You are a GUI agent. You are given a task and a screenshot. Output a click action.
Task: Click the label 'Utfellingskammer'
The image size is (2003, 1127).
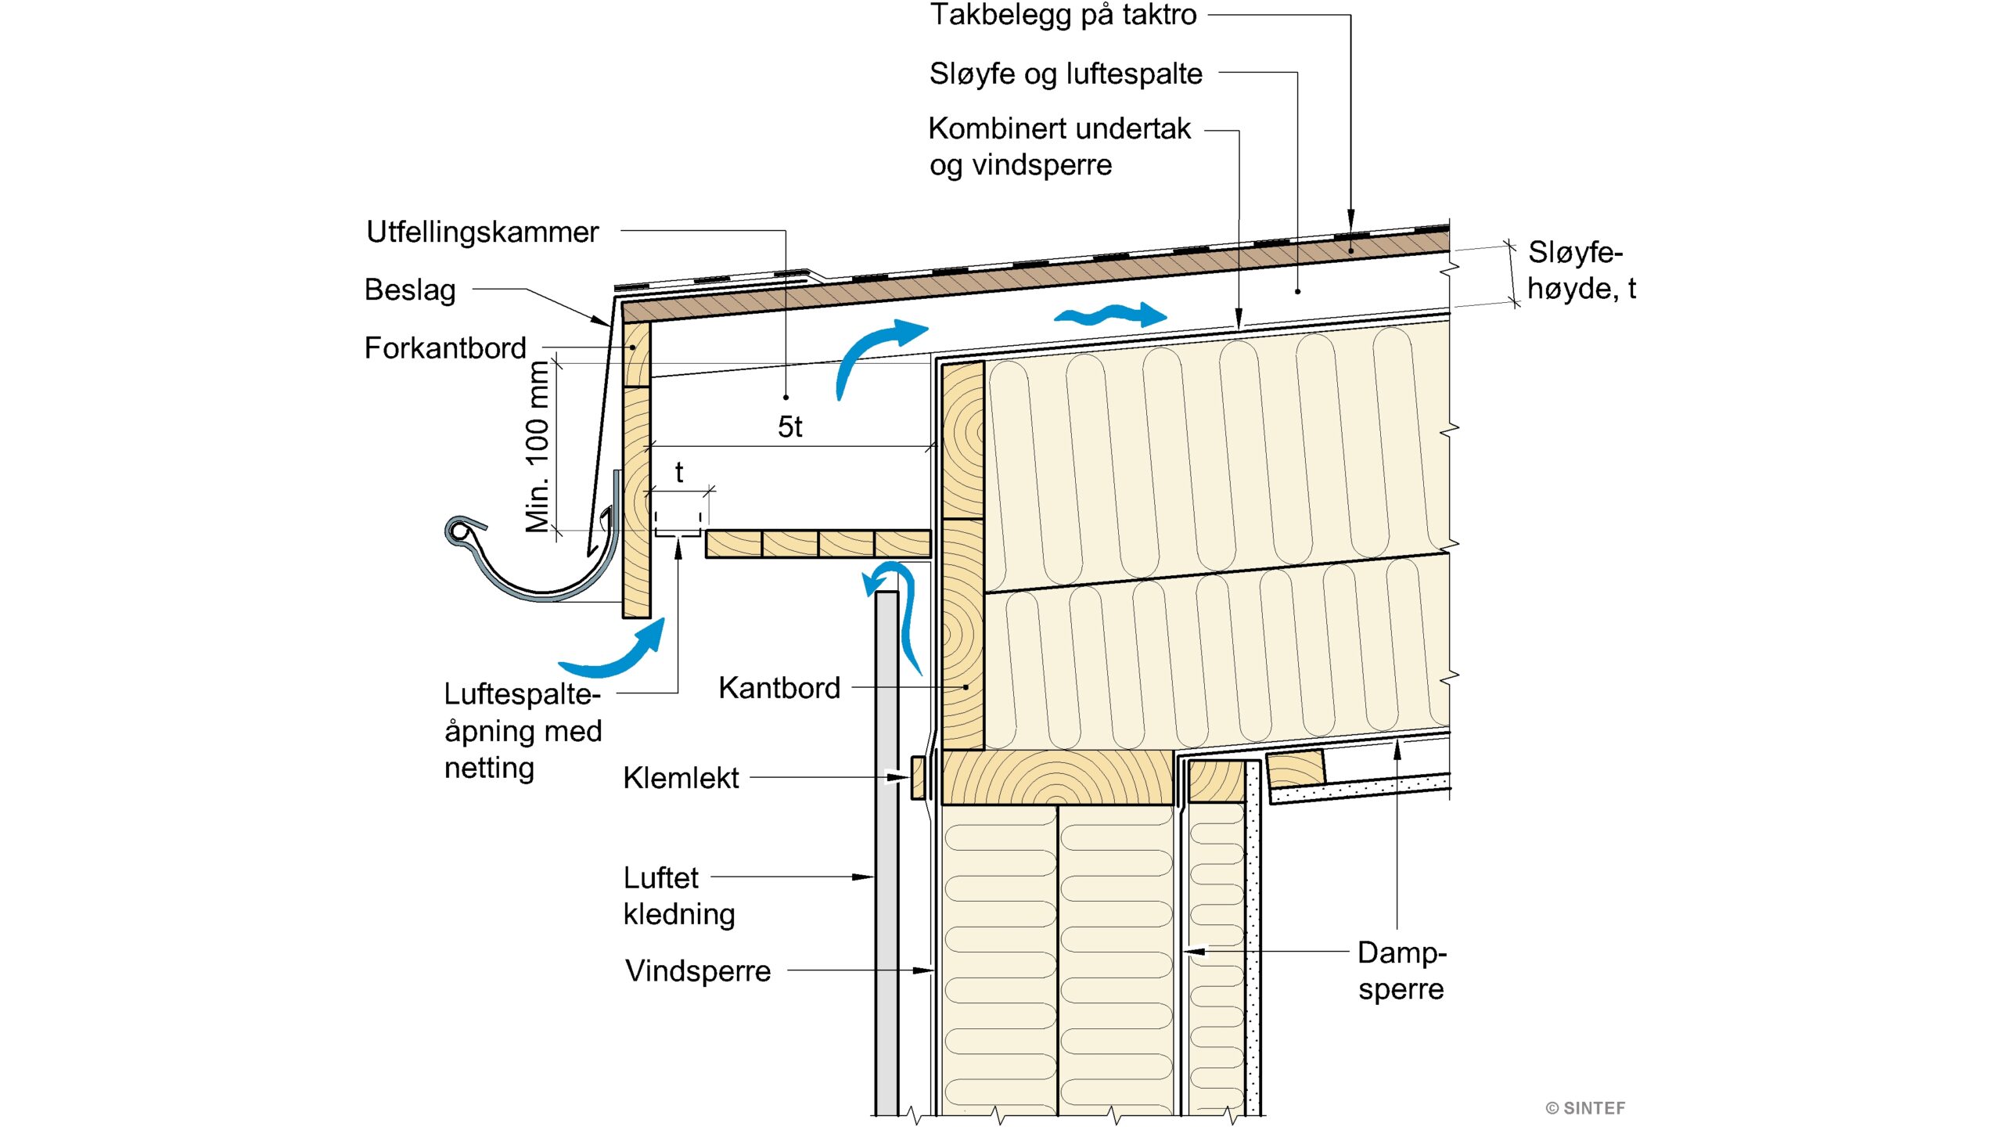click(482, 232)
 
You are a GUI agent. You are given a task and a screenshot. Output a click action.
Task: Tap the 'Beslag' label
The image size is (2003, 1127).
click(410, 290)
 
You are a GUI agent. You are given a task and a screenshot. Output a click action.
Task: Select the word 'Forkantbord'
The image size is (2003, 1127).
click(445, 348)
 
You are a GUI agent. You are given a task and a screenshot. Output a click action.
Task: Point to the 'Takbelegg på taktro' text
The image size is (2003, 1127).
click(1063, 14)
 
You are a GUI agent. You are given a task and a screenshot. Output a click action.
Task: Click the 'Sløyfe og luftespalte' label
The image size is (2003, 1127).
click(1066, 74)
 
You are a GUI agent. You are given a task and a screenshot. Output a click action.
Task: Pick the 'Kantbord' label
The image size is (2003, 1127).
click(779, 688)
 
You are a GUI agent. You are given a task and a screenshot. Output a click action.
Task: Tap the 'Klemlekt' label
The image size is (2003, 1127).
click(681, 778)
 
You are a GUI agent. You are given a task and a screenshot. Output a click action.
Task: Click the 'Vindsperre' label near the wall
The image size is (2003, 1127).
click(698, 971)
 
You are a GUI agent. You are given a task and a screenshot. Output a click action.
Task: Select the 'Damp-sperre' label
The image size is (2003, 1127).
click(1401, 970)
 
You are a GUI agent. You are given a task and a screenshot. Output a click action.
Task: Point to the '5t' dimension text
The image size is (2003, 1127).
click(789, 427)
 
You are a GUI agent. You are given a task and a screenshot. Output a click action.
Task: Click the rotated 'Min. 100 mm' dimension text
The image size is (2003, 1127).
click(538, 447)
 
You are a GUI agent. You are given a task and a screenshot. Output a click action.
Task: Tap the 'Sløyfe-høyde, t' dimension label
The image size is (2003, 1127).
click(1580, 270)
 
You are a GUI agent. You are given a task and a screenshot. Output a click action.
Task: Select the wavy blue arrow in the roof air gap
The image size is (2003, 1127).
click(1110, 315)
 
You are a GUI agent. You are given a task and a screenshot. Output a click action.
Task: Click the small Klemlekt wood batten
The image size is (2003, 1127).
click(919, 777)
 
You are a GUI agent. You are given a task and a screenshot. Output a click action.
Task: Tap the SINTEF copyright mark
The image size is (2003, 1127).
click(1585, 1108)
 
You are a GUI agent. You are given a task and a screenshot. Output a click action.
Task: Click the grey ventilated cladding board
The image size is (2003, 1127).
click(886, 861)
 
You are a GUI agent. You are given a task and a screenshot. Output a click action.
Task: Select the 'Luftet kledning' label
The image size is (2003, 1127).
click(678, 896)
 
